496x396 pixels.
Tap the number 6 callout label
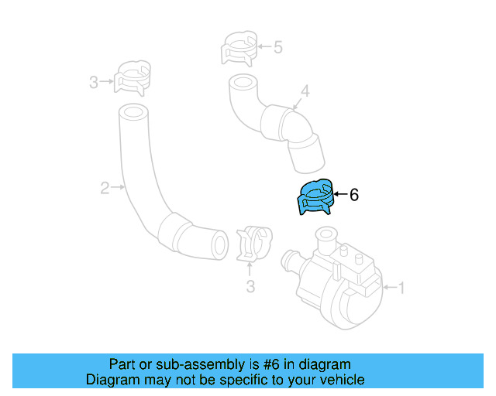(354, 196)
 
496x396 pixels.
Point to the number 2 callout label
(104, 186)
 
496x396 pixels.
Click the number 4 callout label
(305, 92)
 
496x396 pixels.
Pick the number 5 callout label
(278, 47)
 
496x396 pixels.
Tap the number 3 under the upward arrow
(250, 288)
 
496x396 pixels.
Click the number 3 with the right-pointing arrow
(93, 81)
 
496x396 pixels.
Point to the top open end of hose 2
(133, 114)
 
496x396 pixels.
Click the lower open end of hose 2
(220, 244)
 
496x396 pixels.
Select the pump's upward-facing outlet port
(326, 235)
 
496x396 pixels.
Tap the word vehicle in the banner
(342, 380)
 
